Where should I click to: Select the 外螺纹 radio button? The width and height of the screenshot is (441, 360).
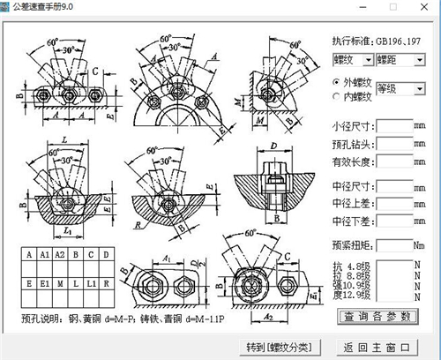(337, 82)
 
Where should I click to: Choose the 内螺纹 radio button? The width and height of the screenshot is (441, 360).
(337, 95)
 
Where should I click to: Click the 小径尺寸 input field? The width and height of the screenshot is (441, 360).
(394, 125)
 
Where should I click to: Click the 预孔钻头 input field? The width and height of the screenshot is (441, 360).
(394, 143)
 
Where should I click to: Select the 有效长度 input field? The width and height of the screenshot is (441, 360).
(394, 161)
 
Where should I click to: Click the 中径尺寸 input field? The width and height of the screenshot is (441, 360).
(394, 186)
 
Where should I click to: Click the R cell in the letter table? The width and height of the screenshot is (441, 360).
(107, 284)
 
